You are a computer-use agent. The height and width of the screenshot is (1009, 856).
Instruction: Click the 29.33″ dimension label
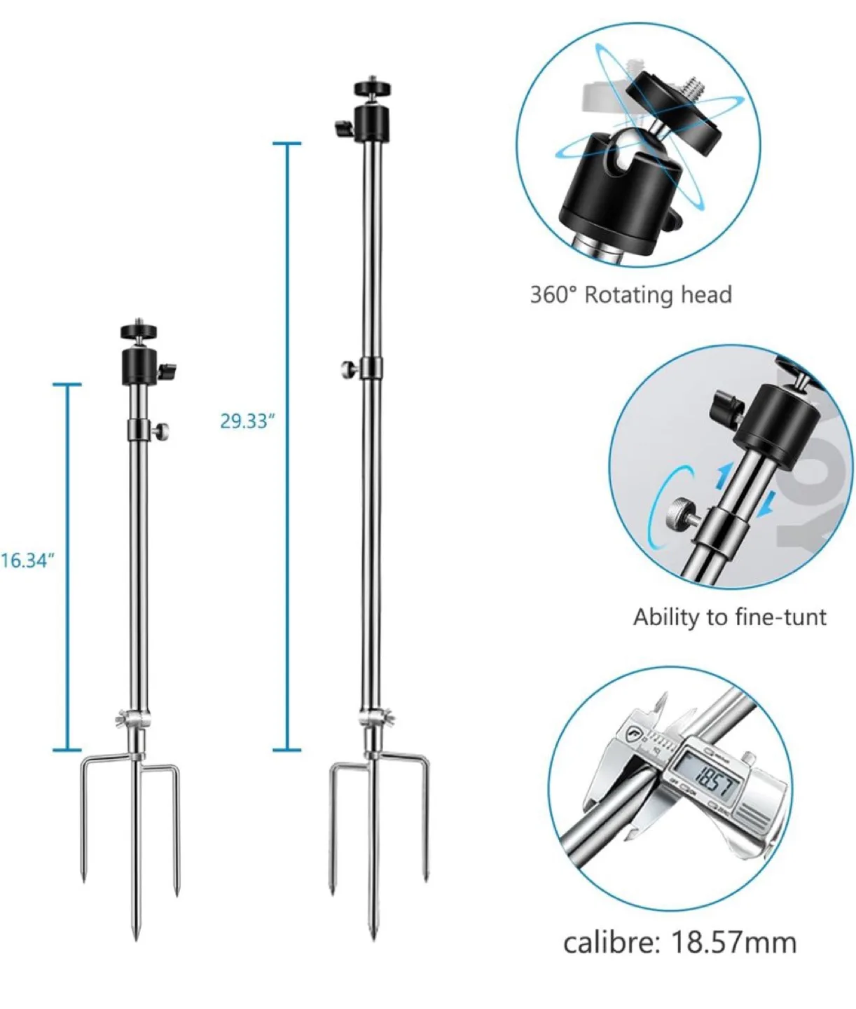[x=244, y=421]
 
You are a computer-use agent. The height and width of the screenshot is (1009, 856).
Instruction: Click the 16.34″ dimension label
[x=27, y=561]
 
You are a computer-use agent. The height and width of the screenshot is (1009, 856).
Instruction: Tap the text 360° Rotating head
[x=630, y=294]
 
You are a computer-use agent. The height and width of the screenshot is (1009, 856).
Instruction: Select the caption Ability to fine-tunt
[x=729, y=617]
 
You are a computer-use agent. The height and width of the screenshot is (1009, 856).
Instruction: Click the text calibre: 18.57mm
[x=679, y=942]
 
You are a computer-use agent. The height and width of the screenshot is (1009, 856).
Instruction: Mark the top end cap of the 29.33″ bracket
[x=287, y=144]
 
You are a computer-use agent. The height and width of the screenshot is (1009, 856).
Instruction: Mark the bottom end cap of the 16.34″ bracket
[x=67, y=750]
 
